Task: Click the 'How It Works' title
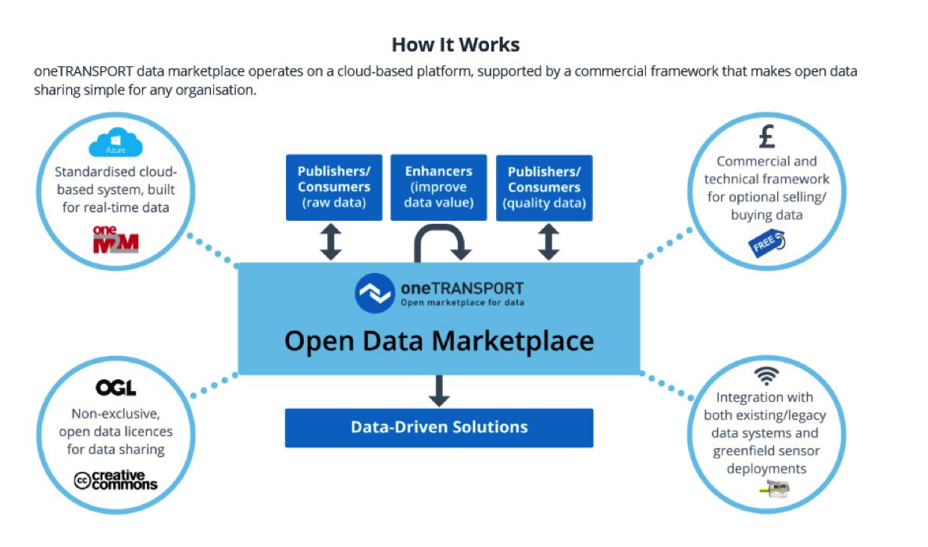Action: pyautogui.click(x=455, y=44)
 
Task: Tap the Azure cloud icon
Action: pyautogui.click(x=116, y=143)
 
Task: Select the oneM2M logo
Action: pyautogui.click(x=116, y=240)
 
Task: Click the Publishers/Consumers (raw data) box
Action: pyautogui.click(x=334, y=187)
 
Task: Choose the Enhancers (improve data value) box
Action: pyautogui.click(x=438, y=187)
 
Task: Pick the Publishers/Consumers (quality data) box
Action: pyautogui.click(x=544, y=188)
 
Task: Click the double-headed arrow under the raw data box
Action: pyautogui.click(x=331, y=242)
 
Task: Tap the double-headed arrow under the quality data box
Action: pyautogui.click(x=548, y=242)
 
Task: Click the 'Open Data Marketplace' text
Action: pyautogui.click(x=438, y=341)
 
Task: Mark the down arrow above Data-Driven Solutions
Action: pyautogui.click(x=438, y=391)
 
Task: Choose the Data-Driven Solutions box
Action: pyautogui.click(x=438, y=428)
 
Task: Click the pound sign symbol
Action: pyautogui.click(x=767, y=137)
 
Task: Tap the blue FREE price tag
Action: pyautogui.click(x=767, y=243)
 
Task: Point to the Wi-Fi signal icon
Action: pyautogui.click(x=766, y=375)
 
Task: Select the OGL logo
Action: pyautogui.click(x=116, y=388)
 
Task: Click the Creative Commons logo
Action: pyautogui.click(x=116, y=480)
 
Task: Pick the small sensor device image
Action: pyautogui.click(x=775, y=488)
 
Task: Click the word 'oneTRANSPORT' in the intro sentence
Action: pyautogui.click(x=84, y=72)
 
